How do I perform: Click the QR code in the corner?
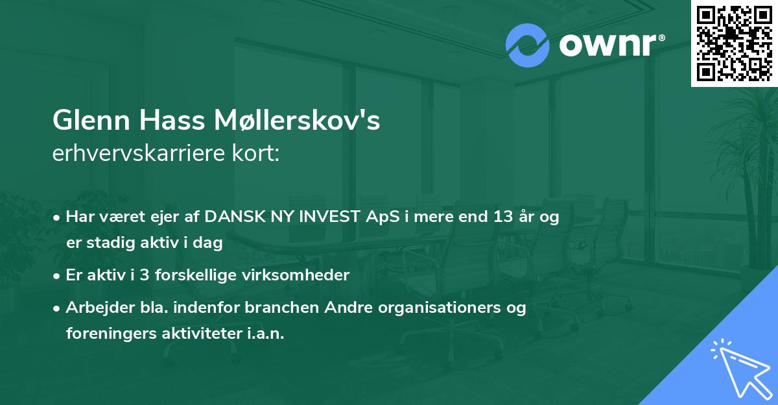pyautogui.click(x=734, y=43)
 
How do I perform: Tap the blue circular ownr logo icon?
pyautogui.click(x=527, y=45)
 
